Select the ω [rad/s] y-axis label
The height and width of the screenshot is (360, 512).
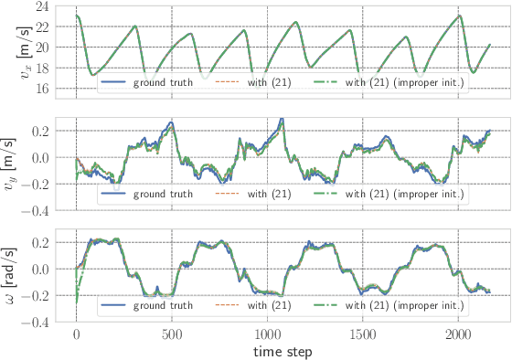coord(13,274)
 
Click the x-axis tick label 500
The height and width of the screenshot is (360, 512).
coord(172,334)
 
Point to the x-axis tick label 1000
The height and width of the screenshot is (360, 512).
coord(268,334)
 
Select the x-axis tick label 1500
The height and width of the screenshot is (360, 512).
coord(363,334)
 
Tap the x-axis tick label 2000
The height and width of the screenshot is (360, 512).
coord(459,334)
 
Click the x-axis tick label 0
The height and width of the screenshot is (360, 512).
coord(77,334)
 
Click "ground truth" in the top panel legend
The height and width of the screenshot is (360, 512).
coord(161,82)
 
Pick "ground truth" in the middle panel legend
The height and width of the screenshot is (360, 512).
coord(161,194)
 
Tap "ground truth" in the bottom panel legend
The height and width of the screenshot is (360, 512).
coord(161,305)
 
